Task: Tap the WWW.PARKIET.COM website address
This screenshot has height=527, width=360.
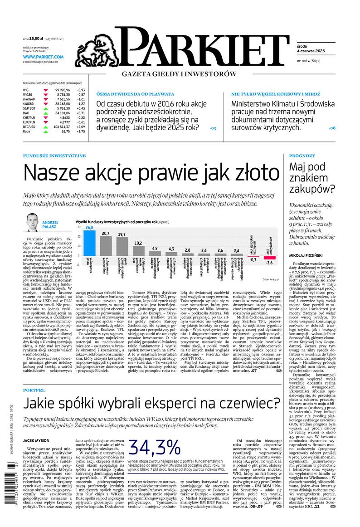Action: pos(43,57)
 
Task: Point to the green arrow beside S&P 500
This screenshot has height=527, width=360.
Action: pos(46,108)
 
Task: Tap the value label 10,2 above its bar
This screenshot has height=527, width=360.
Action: pos(138,243)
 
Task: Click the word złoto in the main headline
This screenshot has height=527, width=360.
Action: pos(254,173)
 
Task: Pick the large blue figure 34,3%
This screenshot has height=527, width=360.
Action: pos(156,449)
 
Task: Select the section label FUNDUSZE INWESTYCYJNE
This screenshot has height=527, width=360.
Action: pos(54,156)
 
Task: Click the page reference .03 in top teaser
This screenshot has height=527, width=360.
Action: pos(213,128)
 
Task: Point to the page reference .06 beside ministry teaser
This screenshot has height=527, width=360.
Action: pos(332,128)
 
